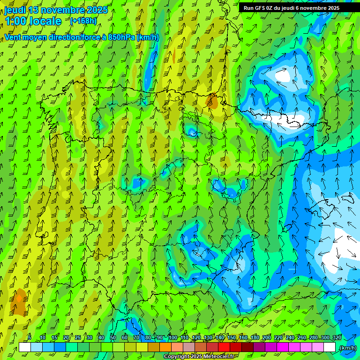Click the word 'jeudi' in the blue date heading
click(15, 10)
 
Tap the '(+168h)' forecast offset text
click(83, 21)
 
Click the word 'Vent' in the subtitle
click(13, 37)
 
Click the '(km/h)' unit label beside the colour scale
click(348, 348)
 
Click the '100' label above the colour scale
click(173, 338)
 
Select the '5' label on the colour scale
click(30, 338)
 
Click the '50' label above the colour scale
click(113, 338)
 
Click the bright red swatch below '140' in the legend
click(224, 347)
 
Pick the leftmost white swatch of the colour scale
click(25, 347)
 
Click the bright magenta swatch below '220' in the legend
click(283, 347)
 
